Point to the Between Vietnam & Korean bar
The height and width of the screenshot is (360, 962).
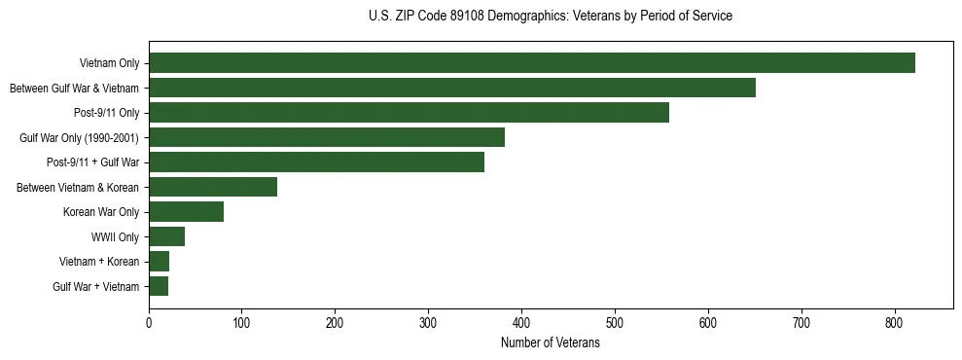pos(213,187)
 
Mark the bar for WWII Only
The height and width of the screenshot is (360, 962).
pos(166,236)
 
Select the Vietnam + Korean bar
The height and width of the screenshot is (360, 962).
pos(159,261)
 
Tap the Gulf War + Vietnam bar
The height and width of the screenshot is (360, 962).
pos(159,286)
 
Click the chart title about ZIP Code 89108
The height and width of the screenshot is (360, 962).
pos(551,17)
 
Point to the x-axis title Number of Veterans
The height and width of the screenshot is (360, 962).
pos(551,343)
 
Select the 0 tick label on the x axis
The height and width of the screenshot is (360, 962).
pos(149,321)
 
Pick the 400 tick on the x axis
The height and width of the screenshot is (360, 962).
pos(521,321)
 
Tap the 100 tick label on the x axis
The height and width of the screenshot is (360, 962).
pos(242,321)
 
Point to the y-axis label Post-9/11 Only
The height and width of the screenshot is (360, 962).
pos(106,113)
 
